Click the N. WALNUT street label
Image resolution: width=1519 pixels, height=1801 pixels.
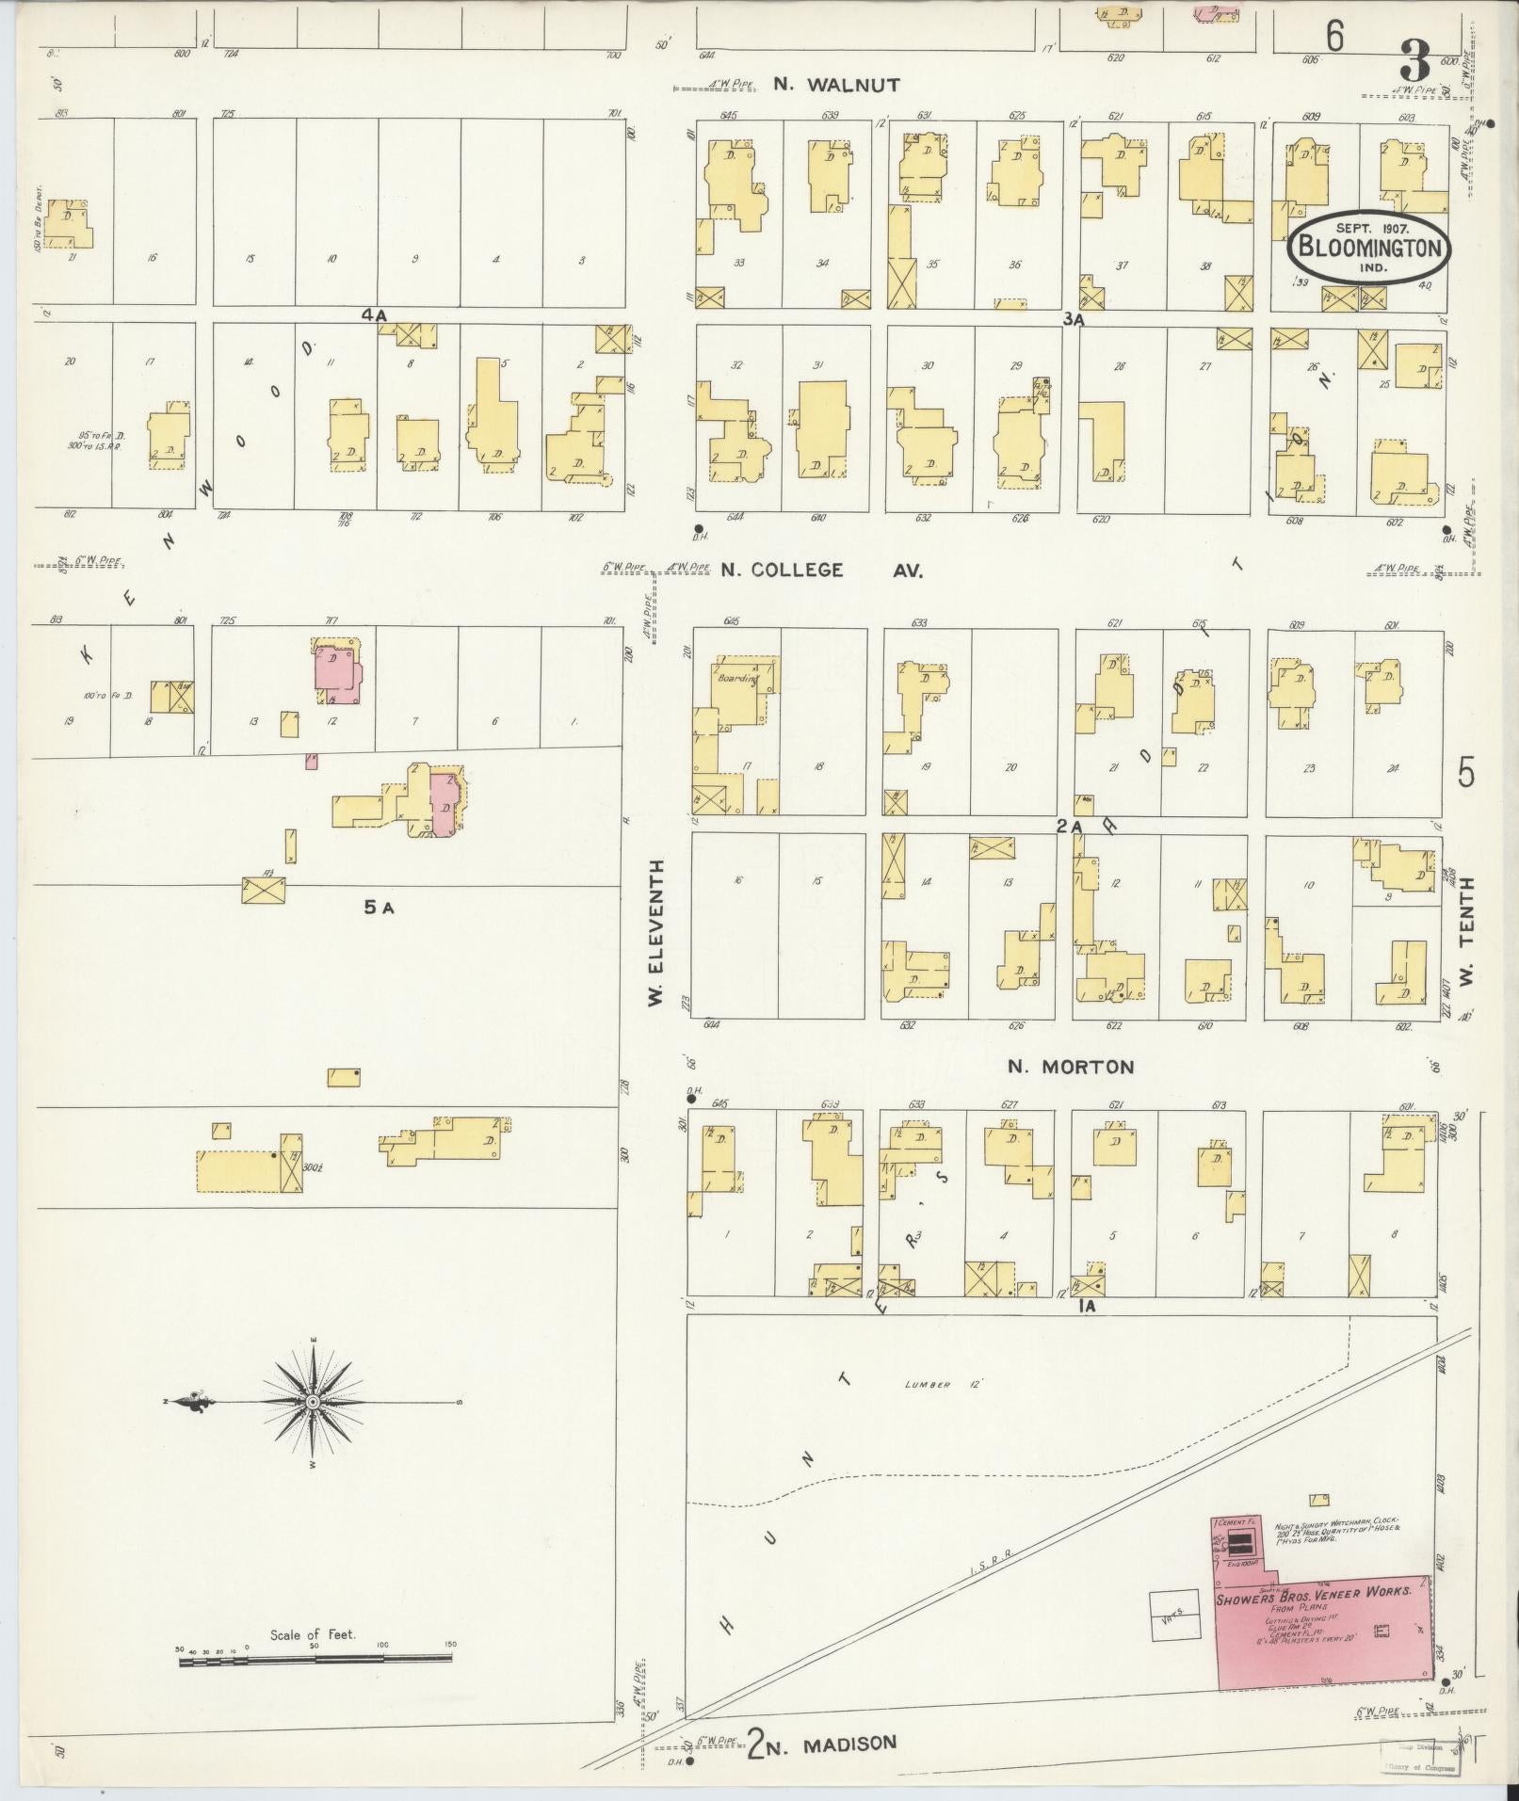836,84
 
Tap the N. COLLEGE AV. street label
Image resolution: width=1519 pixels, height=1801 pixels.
822,570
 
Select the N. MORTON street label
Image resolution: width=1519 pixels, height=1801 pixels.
1071,1067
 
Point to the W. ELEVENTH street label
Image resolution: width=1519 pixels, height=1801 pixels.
656,932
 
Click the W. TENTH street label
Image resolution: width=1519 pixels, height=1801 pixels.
1465,932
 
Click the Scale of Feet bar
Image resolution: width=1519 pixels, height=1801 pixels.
315,1663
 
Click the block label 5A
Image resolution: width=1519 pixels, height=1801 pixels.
378,908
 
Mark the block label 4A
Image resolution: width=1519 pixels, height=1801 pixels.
374,316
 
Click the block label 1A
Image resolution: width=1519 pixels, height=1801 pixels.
1090,1307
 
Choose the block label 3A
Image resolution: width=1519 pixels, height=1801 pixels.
1075,319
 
